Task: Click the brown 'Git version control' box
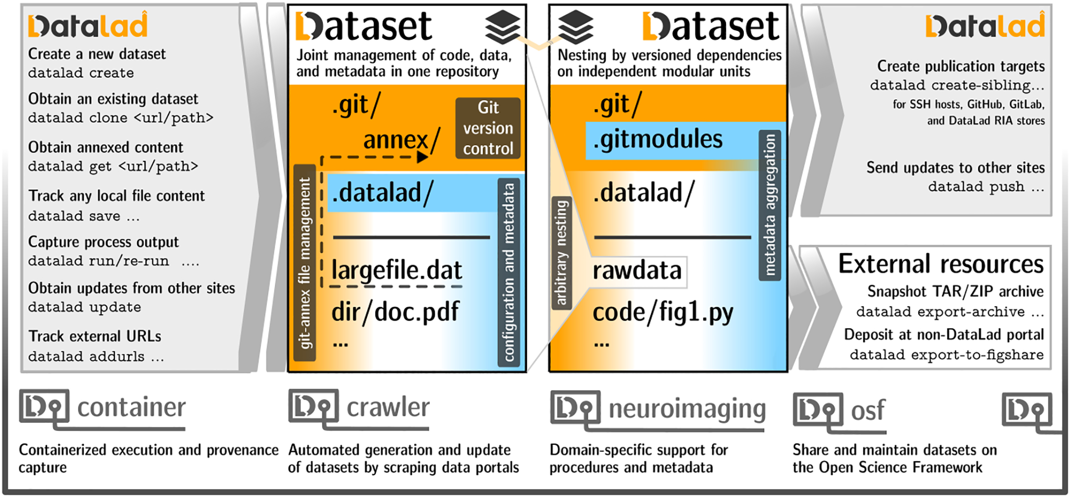point(488,128)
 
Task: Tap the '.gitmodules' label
point(657,140)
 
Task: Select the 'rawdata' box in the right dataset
point(637,271)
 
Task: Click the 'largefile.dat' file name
point(396,271)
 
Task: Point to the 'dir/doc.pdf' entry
point(395,312)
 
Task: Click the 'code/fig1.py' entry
point(663,313)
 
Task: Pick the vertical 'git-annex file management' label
point(304,263)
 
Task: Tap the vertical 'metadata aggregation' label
point(770,205)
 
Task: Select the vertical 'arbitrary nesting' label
point(561,253)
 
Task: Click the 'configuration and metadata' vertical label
point(509,273)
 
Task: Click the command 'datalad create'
point(81,73)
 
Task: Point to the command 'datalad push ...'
point(985,187)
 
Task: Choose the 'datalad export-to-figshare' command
point(947,355)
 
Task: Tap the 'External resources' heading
point(940,264)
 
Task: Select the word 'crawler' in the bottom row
point(388,408)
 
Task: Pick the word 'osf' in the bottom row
point(867,410)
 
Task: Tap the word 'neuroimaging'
point(687,409)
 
